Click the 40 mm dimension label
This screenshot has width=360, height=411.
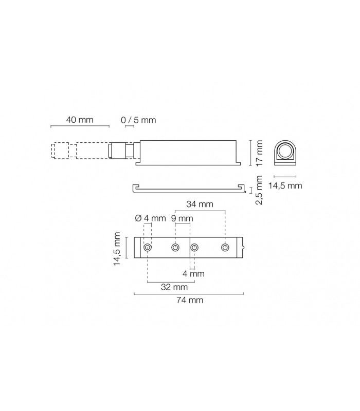tap(80, 120)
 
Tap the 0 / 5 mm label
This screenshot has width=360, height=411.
tap(138, 120)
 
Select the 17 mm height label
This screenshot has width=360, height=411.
tap(259, 153)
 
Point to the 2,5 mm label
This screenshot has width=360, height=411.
tap(259, 190)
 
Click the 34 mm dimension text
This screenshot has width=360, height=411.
tap(200, 204)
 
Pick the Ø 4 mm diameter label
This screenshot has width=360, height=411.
tap(150, 218)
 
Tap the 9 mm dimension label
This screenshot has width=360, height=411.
tap(182, 218)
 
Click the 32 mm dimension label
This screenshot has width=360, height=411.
tap(174, 287)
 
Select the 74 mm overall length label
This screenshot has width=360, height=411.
tap(190, 300)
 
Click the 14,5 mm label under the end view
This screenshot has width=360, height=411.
tap(285, 185)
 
